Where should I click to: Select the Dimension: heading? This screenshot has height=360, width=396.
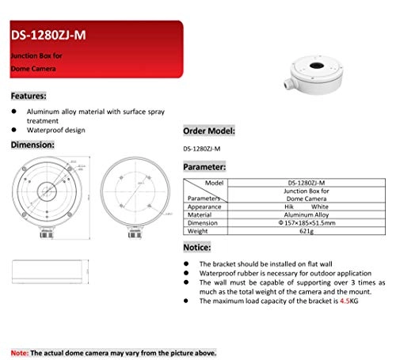[x=32, y=146]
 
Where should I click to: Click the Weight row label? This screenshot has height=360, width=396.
[x=198, y=232]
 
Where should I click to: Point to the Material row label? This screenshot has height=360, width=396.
[x=200, y=214]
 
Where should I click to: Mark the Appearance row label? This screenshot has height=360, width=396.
[x=204, y=206]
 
